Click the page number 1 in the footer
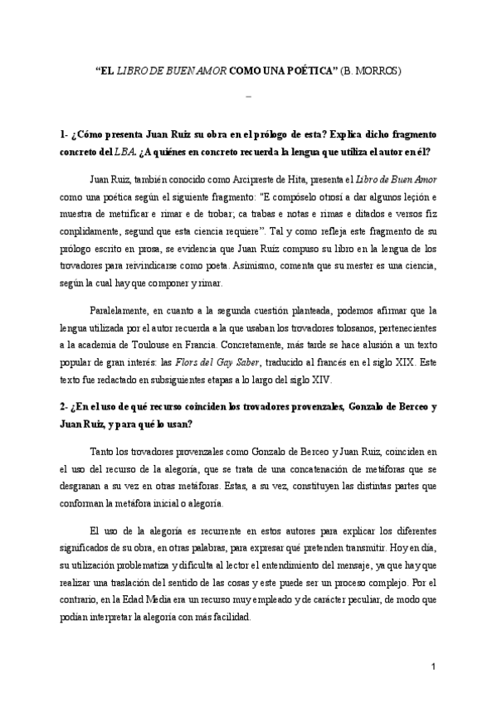pos(433,667)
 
